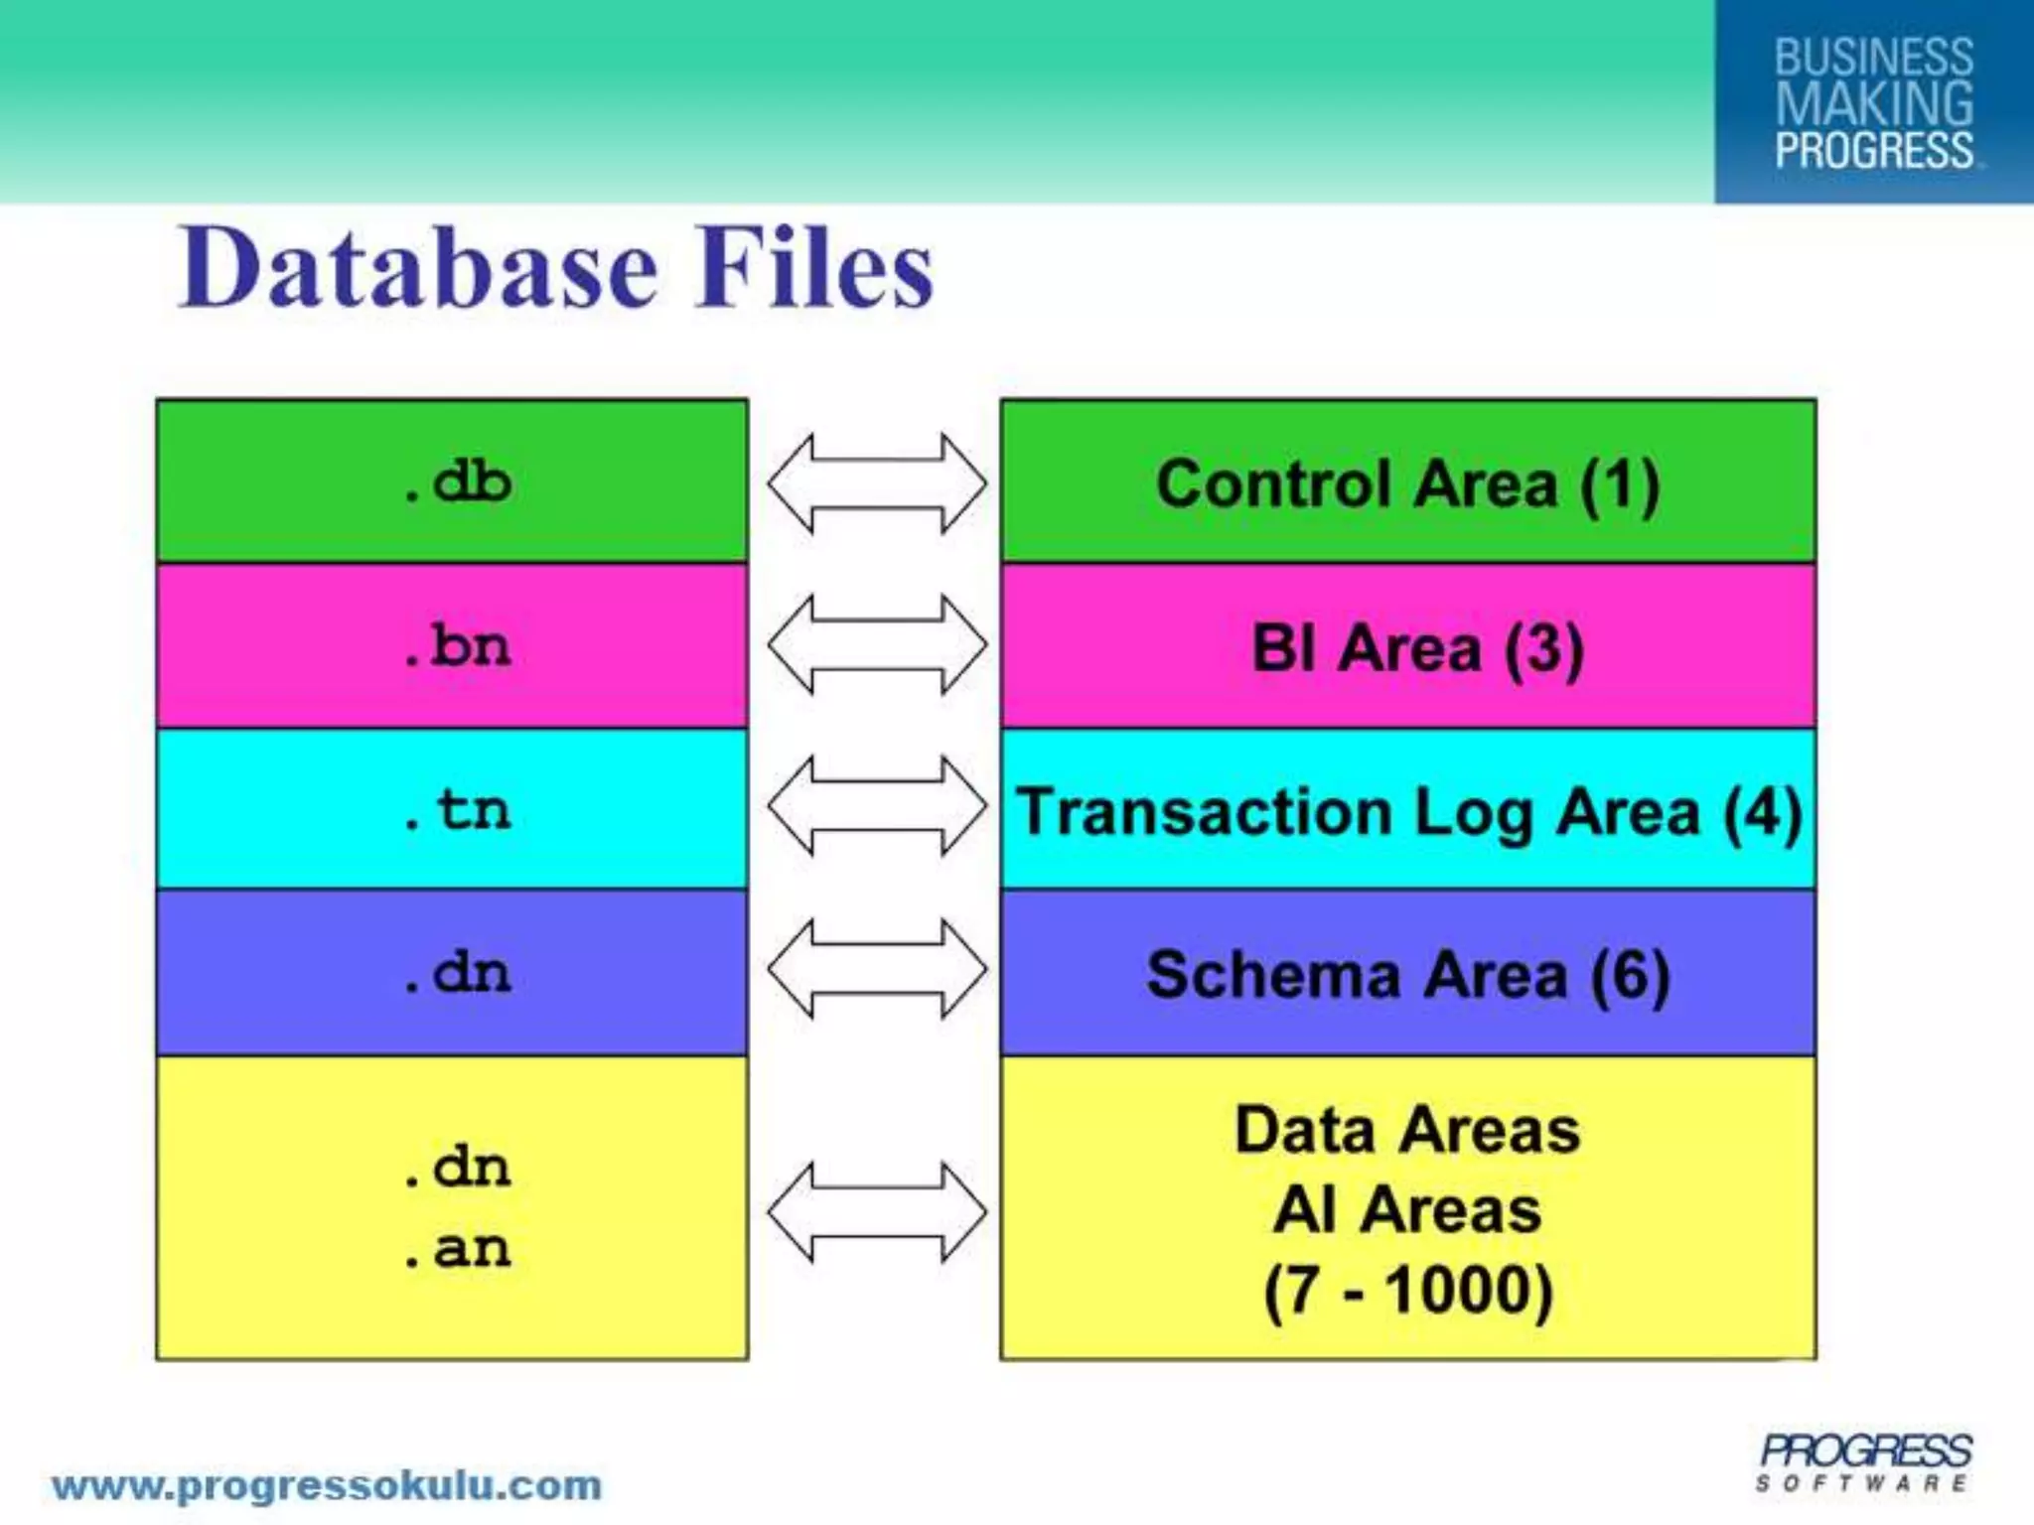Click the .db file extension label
click(458, 483)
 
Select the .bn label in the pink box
click(458, 646)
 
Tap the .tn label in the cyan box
click(458, 809)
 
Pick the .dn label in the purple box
click(458, 973)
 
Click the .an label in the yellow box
click(458, 1249)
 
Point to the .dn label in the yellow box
click(458, 1168)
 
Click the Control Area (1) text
click(1407, 485)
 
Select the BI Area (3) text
click(1416, 649)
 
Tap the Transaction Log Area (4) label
click(1408, 812)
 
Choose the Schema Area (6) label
click(1407, 975)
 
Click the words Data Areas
click(1406, 1131)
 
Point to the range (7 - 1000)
click(1407, 1291)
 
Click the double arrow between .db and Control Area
click(877, 484)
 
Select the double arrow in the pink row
click(877, 645)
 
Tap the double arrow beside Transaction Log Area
click(877, 806)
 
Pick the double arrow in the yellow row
click(877, 1212)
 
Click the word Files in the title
click(813, 268)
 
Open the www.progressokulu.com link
click(327, 1486)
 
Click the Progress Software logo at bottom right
click(1865, 1461)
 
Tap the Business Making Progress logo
click(1873, 102)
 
